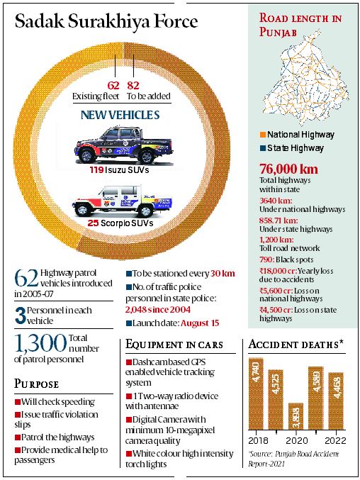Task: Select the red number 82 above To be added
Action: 133,85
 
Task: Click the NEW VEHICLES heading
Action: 119,114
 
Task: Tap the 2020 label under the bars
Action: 295,441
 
